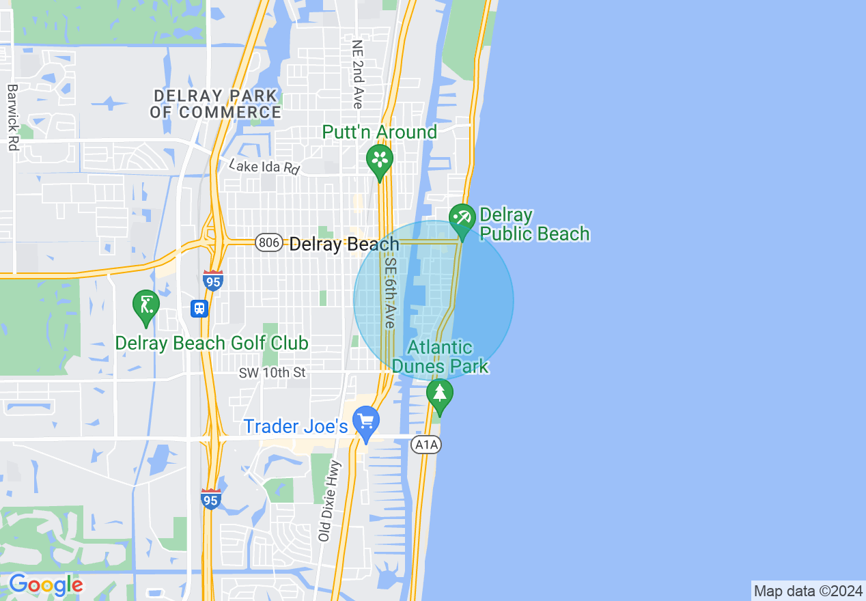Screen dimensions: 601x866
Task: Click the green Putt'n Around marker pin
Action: click(x=380, y=160)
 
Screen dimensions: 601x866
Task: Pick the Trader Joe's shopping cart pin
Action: click(x=366, y=422)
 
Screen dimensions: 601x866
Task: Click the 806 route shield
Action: click(x=269, y=242)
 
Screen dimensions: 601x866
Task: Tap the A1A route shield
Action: click(x=427, y=445)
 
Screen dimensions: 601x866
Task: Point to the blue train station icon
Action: click(x=199, y=309)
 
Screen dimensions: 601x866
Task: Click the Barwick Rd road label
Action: click(x=12, y=117)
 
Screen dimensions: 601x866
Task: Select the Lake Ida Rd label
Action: click(x=264, y=167)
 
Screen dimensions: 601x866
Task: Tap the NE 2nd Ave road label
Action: click(x=357, y=74)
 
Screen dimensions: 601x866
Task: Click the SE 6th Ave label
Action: click(x=390, y=292)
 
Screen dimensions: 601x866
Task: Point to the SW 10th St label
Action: click(x=273, y=373)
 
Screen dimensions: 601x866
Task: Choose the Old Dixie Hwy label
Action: click(x=329, y=501)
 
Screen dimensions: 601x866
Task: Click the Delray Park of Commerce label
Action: click(x=216, y=104)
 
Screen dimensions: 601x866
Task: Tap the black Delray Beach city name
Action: click(x=344, y=244)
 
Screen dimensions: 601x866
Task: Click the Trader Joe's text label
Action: click(x=296, y=427)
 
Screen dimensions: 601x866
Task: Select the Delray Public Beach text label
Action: click(x=534, y=225)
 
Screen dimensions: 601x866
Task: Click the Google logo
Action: click(x=45, y=585)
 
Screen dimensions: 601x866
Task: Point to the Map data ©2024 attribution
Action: click(x=808, y=591)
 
